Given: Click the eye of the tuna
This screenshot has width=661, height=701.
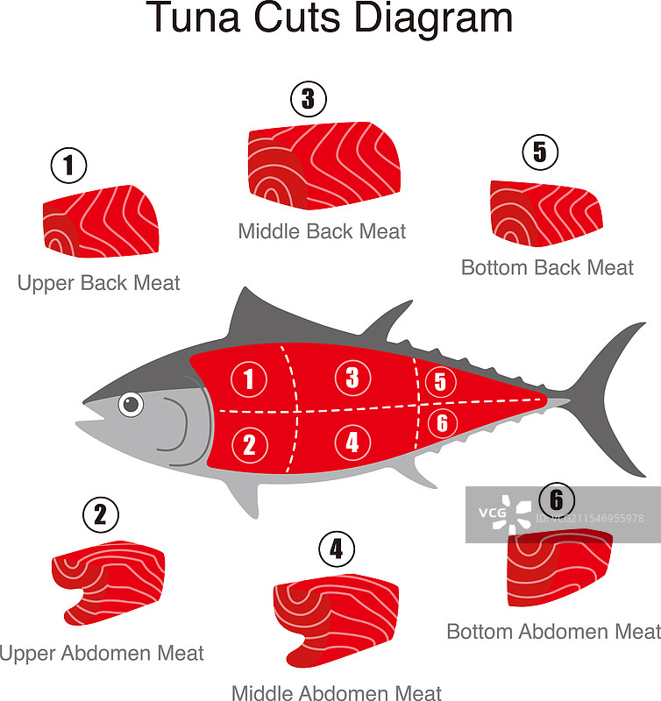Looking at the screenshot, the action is click(131, 404).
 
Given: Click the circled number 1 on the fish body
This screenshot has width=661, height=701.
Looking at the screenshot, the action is click(249, 379).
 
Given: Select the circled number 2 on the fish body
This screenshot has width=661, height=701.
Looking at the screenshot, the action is click(250, 445).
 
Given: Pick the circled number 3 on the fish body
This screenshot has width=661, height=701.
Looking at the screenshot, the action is click(353, 378).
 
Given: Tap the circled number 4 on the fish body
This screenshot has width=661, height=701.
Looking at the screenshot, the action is click(352, 443).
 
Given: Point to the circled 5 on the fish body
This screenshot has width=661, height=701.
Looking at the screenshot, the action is click(440, 382).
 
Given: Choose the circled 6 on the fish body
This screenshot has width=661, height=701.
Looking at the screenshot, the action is click(443, 422).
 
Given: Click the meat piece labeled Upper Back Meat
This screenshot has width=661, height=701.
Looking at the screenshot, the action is click(101, 222).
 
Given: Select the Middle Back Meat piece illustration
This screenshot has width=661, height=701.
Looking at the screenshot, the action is click(323, 166).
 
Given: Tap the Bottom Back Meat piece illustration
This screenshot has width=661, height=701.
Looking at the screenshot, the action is click(546, 214).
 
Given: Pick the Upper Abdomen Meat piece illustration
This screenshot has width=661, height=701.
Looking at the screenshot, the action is click(109, 582).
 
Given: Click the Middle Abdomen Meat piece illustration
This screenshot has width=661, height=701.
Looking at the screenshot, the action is click(336, 620).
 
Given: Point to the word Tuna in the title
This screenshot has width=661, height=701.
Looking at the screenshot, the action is click(195, 18).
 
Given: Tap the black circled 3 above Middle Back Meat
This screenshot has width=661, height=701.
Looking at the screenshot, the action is click(309, 99).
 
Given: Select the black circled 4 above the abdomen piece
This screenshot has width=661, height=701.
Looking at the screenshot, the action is click(337, 549).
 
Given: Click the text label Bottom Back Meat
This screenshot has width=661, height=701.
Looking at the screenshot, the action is click(547, 268).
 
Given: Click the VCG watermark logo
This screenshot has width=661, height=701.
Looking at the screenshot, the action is click(505, 513).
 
